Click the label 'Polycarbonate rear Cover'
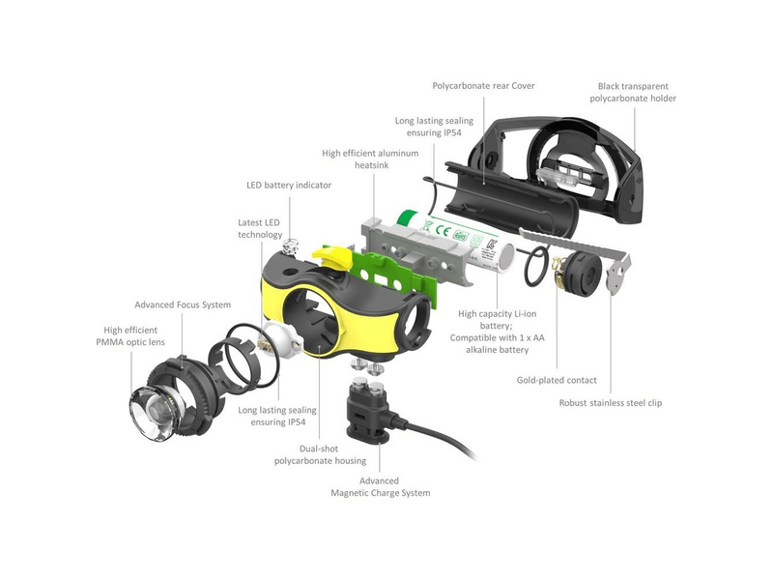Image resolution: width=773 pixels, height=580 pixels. coord(483,86)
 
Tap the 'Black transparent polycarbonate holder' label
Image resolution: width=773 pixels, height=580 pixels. coord(633,92)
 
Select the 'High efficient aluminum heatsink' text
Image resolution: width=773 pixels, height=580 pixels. coord(370,159)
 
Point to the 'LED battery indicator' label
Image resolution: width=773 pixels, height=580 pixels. coord(289,185)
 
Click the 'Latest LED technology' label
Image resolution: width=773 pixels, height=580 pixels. coord(260,229)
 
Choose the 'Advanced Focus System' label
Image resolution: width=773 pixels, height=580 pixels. coord(183,304)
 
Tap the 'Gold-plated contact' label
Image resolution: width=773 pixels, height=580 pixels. coord(557,380)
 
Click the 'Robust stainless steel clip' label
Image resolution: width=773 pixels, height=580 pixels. coord(611,403)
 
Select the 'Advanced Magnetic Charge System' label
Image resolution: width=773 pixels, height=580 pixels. coord(380,487)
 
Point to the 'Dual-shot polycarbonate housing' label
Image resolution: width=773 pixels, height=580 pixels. coord(320,454)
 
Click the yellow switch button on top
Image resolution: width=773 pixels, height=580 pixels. coord(331,256)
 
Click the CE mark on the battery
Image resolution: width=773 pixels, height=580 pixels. coord(444,230)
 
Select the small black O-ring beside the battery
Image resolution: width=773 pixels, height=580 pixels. coord(536,267)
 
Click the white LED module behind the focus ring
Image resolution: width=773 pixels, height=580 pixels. coord(281,340)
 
